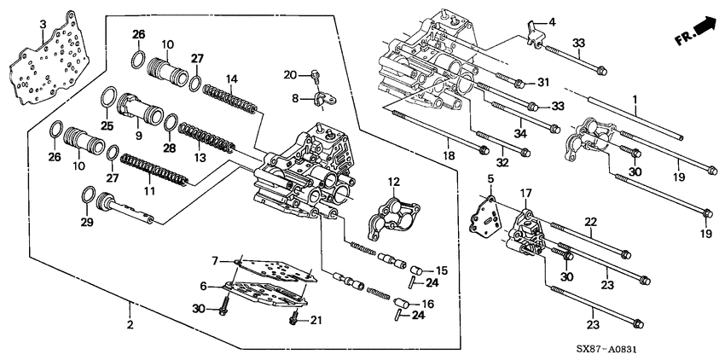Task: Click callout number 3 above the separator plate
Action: click(x=43, y=25)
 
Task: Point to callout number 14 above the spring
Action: click(x=232, y=79)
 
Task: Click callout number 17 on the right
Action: click(x=525, y=193)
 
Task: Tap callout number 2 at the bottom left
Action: click(x=130, y=324)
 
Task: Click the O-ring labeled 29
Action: click(x=89, y=195)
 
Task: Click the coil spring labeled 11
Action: click(x=154, y=169)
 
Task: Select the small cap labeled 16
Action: click(x=401, y=304)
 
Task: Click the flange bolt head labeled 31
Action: click(x=519, y=84)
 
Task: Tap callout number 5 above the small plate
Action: click(x=490, y=178)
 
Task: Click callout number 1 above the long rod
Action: click(x=635, y=99)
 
